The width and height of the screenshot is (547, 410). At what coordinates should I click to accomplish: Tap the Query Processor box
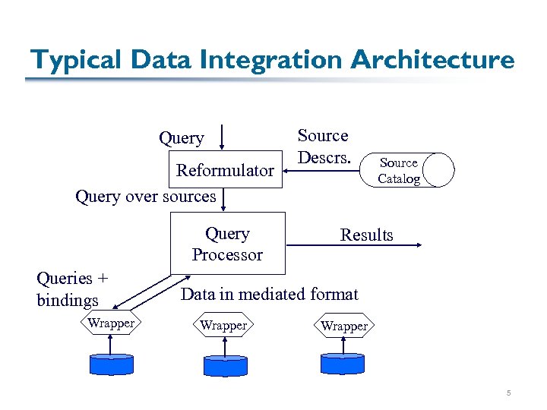point(227,244)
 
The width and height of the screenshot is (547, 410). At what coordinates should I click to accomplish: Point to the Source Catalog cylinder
point(407,171)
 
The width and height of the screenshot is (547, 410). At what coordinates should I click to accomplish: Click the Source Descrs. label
point(323,147)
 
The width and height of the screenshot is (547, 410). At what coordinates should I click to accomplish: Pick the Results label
point(366,235)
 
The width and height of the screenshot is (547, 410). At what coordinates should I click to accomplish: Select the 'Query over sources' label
point(146,197)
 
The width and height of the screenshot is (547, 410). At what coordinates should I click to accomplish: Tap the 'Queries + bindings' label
point(72,289)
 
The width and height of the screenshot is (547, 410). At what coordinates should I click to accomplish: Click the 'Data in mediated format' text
point(269,294)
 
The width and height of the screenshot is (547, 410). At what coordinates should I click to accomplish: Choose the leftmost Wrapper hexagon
point(111,323)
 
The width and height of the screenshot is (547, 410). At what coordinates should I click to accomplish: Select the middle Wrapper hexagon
point(223,326)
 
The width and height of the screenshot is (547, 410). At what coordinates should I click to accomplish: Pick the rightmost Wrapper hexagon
point(344,326)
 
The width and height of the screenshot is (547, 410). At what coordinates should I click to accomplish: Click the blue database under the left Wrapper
point(111,364)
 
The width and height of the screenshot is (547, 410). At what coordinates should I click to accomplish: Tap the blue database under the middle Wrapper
point(225,366)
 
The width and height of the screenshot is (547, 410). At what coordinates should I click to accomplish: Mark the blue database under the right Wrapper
point(343,364)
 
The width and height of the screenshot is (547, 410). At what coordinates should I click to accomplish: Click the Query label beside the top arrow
point(181,138)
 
